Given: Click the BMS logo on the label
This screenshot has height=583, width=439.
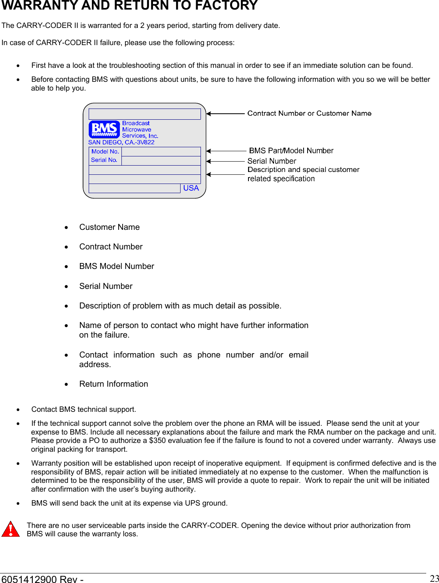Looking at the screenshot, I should [104, 129].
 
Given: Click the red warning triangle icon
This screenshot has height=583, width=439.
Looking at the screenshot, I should [10, 529].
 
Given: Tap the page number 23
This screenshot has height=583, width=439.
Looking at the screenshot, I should [434, 578].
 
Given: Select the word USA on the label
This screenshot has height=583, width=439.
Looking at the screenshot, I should [191, 188].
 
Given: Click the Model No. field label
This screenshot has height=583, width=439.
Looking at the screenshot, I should [105, 152].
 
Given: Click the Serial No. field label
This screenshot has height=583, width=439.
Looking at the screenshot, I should [104, 160].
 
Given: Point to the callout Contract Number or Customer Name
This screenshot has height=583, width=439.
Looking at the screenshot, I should [309, 113].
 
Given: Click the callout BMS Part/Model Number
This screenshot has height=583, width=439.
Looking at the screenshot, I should [291, 151].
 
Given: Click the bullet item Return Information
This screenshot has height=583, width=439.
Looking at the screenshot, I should [113, 384].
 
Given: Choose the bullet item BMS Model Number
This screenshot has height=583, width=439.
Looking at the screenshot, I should [117, 266].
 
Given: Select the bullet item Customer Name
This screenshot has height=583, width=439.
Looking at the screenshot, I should [109, 227].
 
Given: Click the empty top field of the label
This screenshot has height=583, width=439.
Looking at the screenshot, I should [144, 114].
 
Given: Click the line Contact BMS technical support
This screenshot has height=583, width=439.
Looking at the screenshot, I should [83, 409].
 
